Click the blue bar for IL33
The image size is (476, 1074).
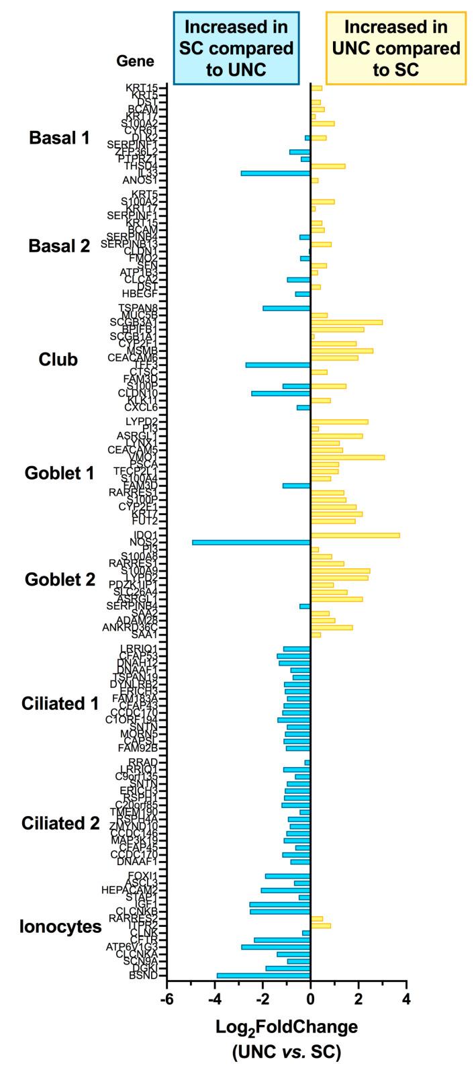275,173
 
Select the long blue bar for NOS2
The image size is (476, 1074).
251,541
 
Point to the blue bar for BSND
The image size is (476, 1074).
263,975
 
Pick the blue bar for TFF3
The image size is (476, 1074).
278,365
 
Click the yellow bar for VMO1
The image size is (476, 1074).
348,457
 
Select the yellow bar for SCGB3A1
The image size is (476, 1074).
346,322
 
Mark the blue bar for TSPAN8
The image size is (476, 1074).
287,308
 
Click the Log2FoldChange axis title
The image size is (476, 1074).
286,1027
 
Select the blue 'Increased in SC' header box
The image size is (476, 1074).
236,48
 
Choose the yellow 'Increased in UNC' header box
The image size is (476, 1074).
395,48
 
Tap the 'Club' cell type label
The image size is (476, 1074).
59,359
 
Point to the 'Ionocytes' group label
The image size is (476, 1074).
60,926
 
